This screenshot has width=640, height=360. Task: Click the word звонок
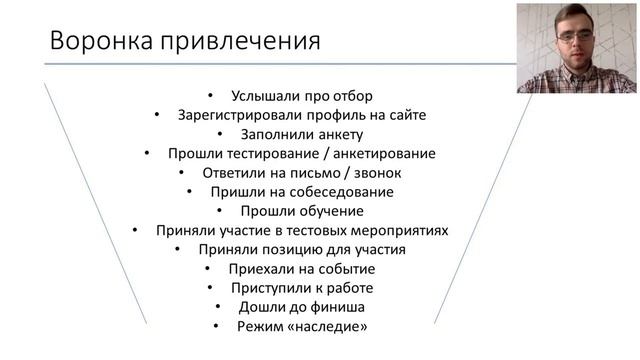tap(376, 173)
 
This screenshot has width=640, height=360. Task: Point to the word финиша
tap(340, 307)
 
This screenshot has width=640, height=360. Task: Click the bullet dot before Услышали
tap(207, 97)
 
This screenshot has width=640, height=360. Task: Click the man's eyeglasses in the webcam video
tap(575, 36)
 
